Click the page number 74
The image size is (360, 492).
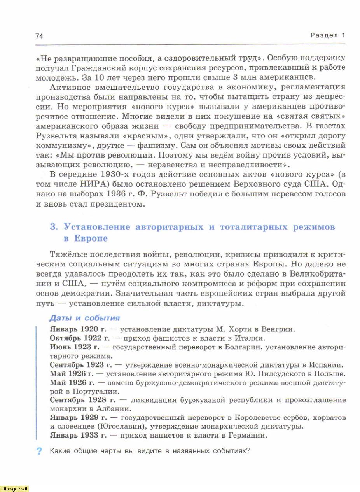[x=39, y=36]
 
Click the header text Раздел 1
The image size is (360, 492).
[x=327, y=35]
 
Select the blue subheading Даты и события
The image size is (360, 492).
[x=84, y=318]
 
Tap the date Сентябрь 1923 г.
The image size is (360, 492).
[x=81, y=365]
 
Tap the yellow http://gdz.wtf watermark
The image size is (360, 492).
[x=14, y=488]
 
